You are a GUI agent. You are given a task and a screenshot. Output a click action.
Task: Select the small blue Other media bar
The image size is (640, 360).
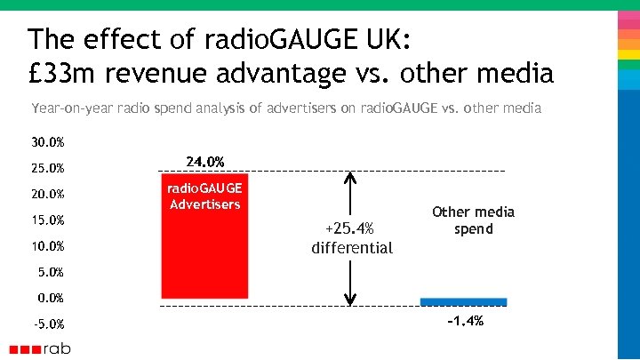(x=463, y=301)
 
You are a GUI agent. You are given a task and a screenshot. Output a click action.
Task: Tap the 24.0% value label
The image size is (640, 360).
(x=204, y=161)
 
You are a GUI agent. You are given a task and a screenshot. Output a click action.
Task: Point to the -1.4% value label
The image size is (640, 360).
(x=465, y=321)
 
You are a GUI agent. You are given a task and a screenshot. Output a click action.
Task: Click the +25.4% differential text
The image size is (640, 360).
(x=352, y=239)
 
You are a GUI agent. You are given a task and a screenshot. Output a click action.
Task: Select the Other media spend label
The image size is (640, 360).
(x=473, y=220)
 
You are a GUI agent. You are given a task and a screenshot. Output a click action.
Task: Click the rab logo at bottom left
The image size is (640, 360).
(x=40, y=348)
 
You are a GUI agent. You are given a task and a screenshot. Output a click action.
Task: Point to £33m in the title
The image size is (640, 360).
(x=57, y=72)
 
